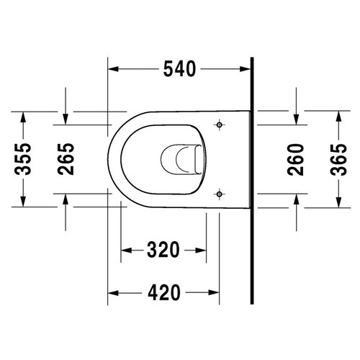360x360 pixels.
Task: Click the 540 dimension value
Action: point(179,69)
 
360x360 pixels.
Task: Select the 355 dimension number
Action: point(24,158)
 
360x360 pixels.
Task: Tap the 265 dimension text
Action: point(66,158)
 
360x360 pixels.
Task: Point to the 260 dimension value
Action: point(296,158)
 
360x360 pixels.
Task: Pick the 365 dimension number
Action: point(337,158)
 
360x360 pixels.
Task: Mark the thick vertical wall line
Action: point(251,180)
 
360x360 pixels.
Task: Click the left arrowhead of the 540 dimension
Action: point(112,69)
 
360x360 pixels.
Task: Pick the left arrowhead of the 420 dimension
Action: point(112,292)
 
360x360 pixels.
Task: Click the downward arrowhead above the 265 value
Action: point(66,118)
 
